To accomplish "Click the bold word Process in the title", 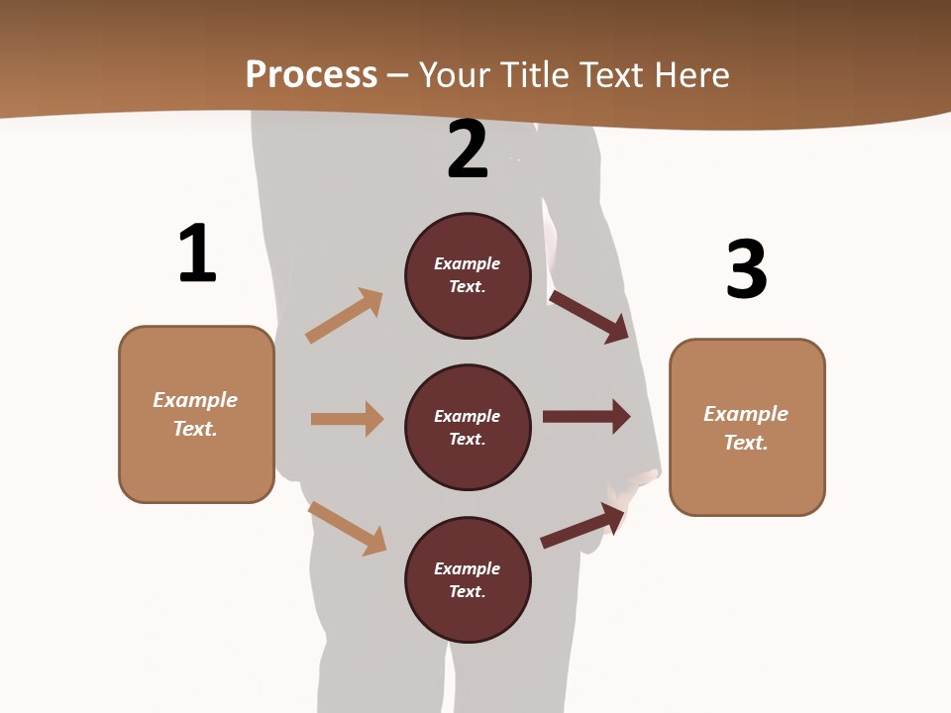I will pyautogui.click(x=311, y=74).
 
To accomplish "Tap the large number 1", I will pyautogui.click(x=197, y=254).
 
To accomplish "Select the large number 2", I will pyautogui.click(x=468, y=150).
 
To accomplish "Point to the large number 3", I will pyautogui.click(x=747, y=270).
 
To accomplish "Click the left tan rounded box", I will pyautogui.click(x=196, y=414).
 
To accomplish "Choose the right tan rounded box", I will pyautogui.click(x=747, y=428).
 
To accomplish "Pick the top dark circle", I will pyautogui.click(x=468, y=275).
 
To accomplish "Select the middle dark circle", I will pyautogui.click(x=468, y=428).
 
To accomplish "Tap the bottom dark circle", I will pyautogui.click(x=468, y=580).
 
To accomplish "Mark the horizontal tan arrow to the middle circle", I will pyautogui.click(x=347, y=419).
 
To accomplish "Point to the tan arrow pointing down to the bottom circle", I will pyautogui.click(x=348, y=528).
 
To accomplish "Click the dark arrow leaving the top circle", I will pyautogui.click(x=589, y=316).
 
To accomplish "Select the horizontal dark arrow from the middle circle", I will pyautogui.click(x=586, y=416).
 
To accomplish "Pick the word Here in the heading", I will pyautogui.click(x=692, y=75).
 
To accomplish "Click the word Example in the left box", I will pyautogui.click(x=195, y=400).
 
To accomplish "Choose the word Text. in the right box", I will pyautogui.click(x=746, y=443).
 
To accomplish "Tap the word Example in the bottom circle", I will pyautogui.click(x=468, y=568).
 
